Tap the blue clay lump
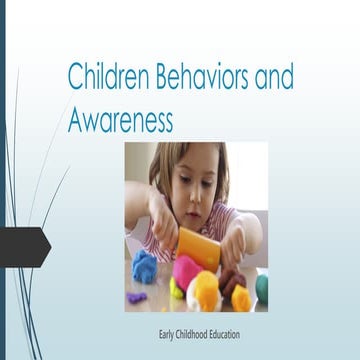146,267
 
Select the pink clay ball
186,271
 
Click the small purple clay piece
137,297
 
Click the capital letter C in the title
74,76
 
